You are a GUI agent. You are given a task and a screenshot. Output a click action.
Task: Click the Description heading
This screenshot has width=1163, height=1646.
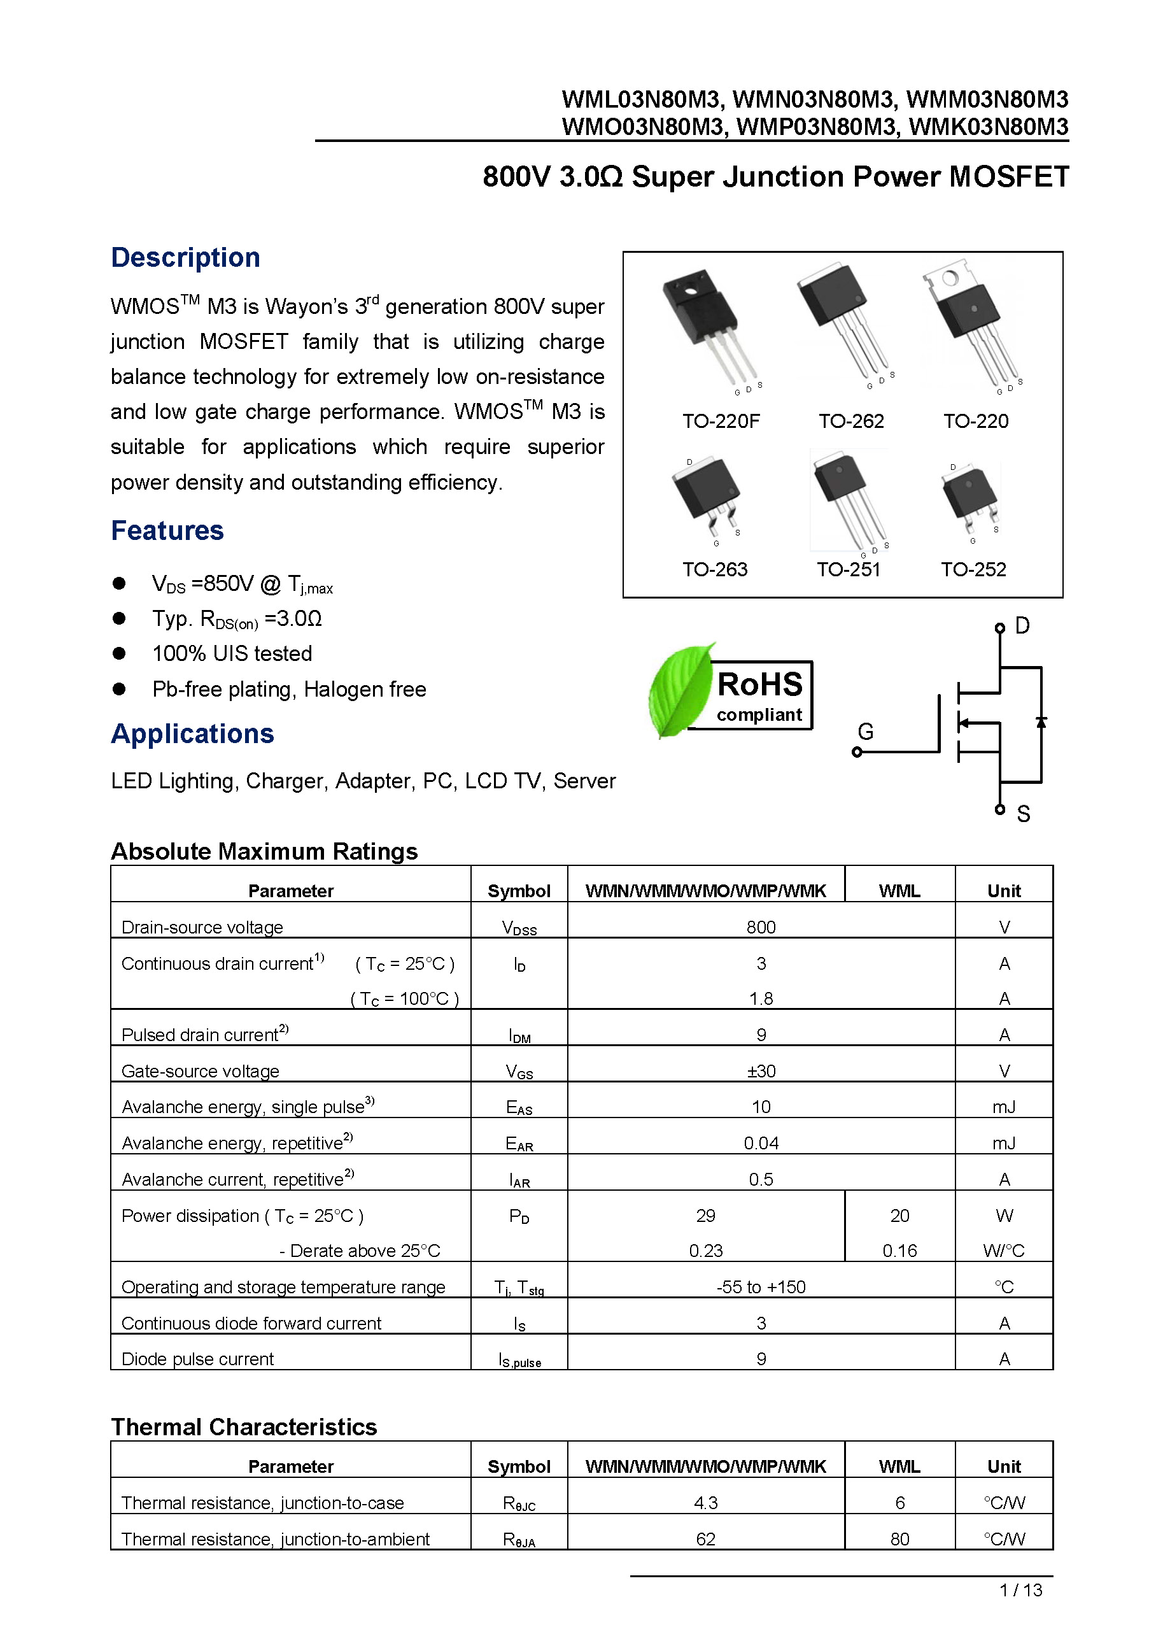point(185,257)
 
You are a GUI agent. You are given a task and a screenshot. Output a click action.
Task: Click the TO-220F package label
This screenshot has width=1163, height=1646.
point(720,421)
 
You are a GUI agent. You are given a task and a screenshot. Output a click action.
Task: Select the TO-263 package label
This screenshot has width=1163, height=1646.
point(714,569)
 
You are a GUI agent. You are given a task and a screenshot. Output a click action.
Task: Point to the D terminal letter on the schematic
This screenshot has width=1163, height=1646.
point(1022,626)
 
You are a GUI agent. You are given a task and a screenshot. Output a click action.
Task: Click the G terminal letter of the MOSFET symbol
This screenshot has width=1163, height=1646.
point(865,731)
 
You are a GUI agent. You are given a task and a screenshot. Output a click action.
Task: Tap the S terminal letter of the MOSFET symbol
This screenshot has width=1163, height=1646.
point(1022,814)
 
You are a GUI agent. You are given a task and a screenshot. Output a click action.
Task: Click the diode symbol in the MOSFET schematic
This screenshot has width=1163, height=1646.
point(1041,722)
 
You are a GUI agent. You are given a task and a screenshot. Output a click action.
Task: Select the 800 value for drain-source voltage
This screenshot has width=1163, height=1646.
point(760,927)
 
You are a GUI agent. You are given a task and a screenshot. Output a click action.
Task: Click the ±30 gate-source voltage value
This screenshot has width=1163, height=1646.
point(760,1071)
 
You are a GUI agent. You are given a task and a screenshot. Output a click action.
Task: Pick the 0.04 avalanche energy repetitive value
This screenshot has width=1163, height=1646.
point(760,1143)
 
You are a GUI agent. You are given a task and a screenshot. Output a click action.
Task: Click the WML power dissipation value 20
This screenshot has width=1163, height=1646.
point(899,1215)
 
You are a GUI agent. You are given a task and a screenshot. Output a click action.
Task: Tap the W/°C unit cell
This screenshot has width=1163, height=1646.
point(1003,1251)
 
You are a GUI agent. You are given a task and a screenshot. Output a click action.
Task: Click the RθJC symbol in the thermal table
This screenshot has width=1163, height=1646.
point(519,1503)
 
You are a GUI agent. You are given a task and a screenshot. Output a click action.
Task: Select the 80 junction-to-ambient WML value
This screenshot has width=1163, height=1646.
point(899,1539)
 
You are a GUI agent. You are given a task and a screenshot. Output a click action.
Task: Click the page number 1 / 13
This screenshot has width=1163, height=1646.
point(1020,1590)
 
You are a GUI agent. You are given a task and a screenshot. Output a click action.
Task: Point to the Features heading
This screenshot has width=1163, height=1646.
point(167,530)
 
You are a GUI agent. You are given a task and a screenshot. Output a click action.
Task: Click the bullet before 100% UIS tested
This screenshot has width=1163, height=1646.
point(119,653)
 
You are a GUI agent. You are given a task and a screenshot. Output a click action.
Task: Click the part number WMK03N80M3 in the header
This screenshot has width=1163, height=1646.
point(988,127)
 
